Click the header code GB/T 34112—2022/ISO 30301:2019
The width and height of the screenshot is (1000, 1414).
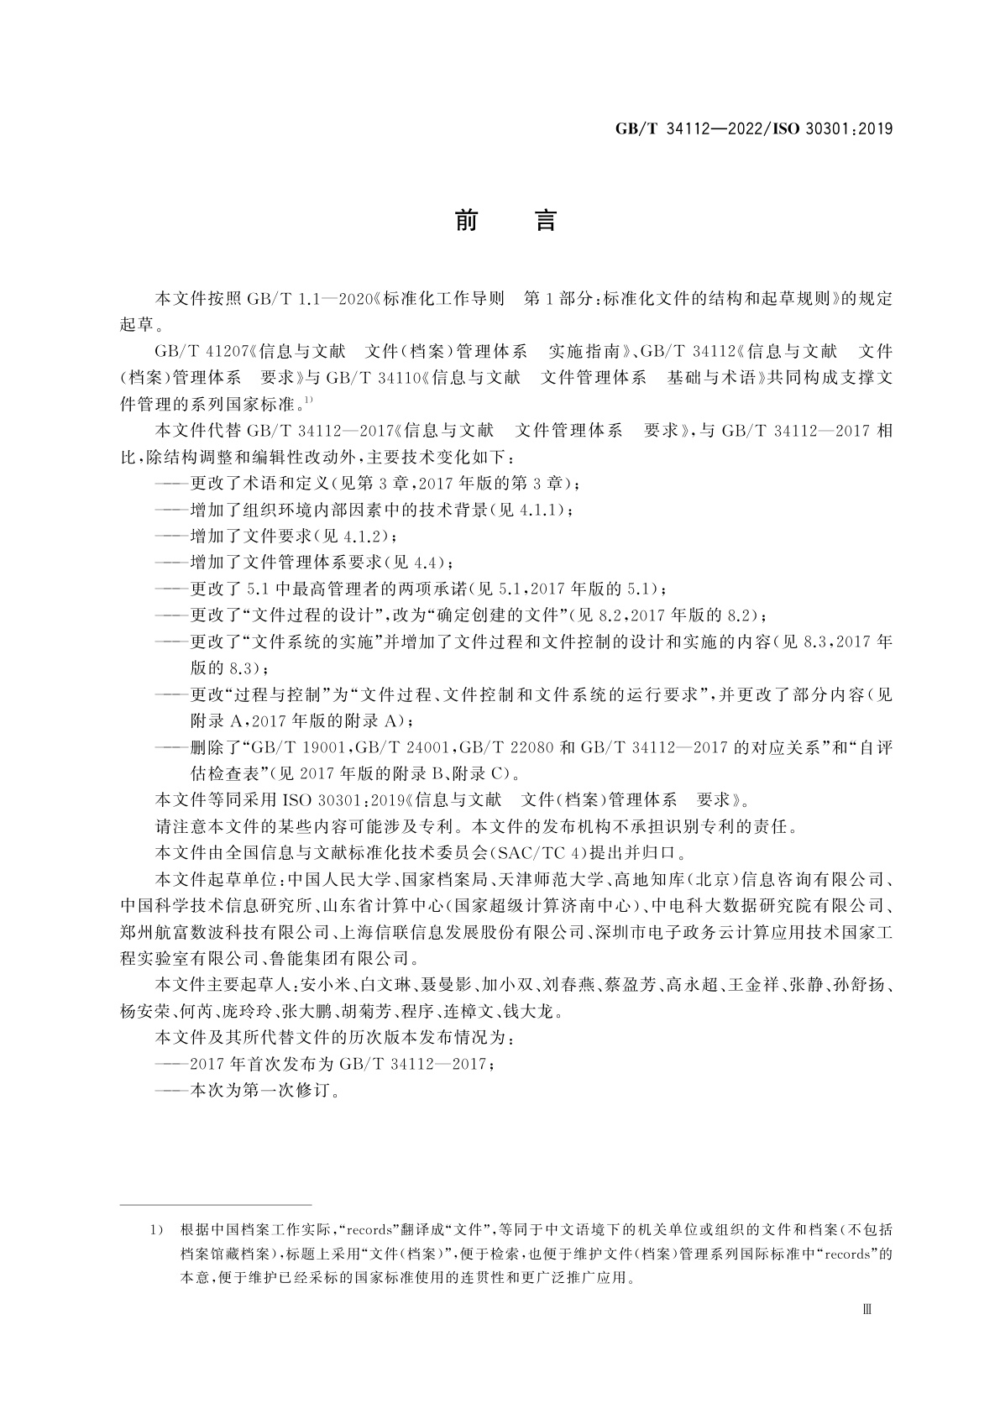pyautogui.click(x=753, y=129)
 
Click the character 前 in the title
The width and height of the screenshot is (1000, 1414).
pyautogui.click(x=466, y=221)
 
